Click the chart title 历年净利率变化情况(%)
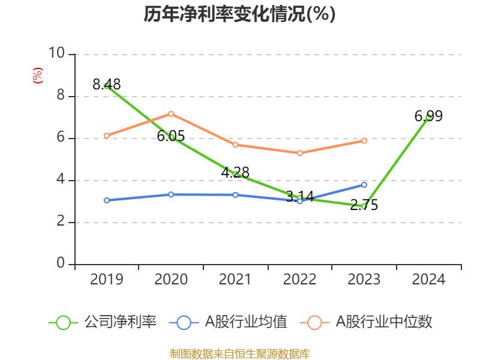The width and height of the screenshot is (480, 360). (x=239, y=14)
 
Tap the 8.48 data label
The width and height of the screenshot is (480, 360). (x=107, y=85)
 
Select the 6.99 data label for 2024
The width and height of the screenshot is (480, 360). (x=428, y=116)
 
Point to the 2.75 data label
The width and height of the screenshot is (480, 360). (x=364, y=205)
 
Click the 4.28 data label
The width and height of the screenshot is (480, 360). (x=235, y=173)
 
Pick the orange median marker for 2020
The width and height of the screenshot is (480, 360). (x=171, y=113)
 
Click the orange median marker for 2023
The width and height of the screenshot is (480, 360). (x=364, y=140)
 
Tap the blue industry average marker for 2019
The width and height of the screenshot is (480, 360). (x=107, y=200)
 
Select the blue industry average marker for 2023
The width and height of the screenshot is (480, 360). (x=364, y=184)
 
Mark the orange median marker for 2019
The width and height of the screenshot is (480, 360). (x=107, y=136)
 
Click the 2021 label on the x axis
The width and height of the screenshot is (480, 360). (x=235, y=280)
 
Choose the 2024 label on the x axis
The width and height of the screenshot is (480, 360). (x=428, y=280)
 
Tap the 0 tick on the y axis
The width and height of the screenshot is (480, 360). (x=61, y=264)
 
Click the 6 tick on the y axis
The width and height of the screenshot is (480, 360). (x=61, y=138)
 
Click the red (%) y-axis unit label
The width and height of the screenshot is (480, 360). (x=38, y=76)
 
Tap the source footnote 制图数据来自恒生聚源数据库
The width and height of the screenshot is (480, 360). (x=239, y=353)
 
